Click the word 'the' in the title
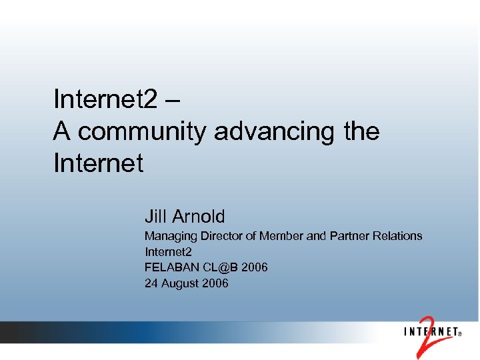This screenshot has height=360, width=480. point(362,131)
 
